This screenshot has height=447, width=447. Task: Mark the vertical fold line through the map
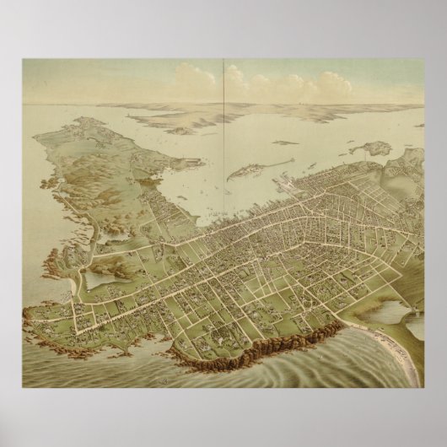pos(223,127)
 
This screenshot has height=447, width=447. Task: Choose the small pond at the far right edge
pos(414,325)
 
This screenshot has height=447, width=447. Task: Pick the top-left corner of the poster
pos(23,59)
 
